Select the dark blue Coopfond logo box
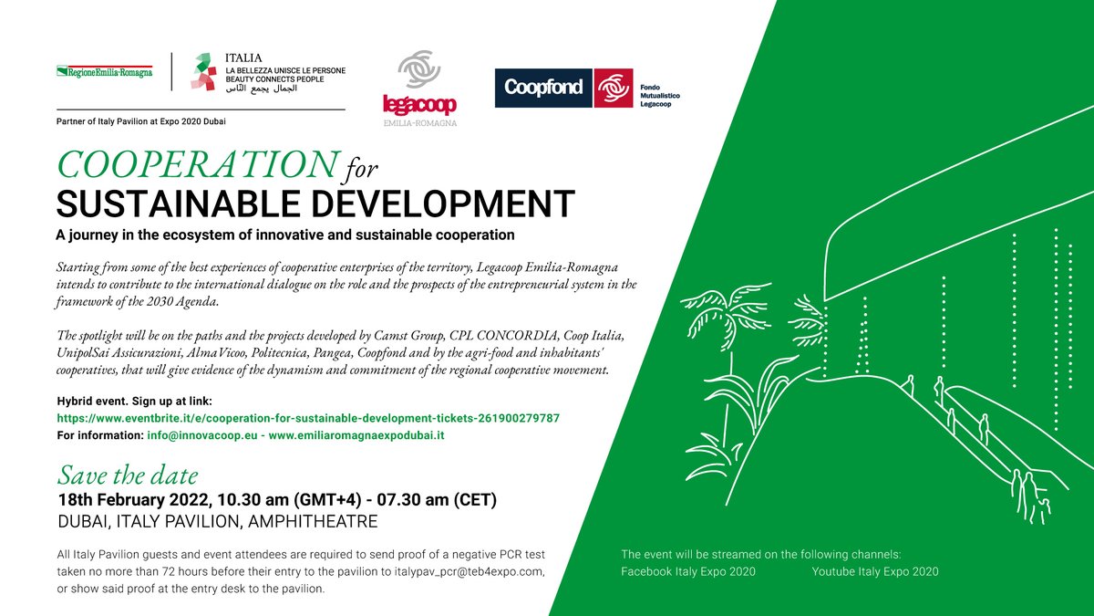coord(543,89)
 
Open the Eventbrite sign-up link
coord(308,418)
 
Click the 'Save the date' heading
coord(127,475)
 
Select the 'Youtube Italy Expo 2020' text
coord(874,571)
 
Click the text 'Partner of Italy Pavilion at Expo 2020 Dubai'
coord(140,121)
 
